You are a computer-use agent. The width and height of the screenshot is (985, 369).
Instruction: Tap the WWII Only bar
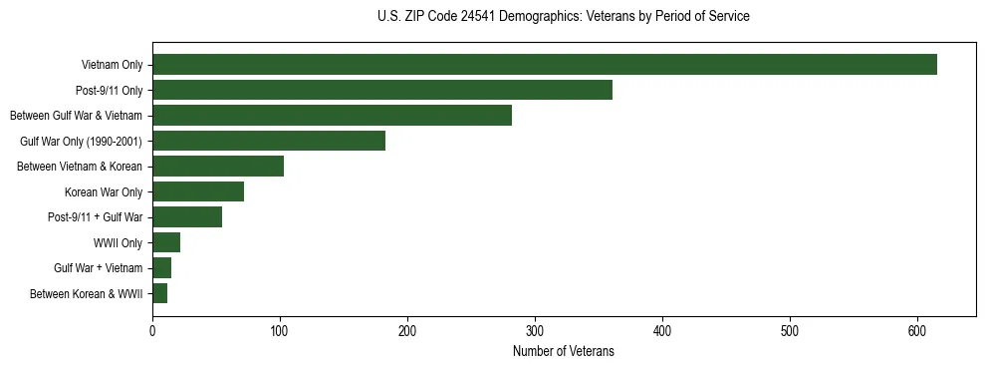pos(166,242)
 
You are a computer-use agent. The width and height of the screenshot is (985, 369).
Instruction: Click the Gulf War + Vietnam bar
pos(161,267)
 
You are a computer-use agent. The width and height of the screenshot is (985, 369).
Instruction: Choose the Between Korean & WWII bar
pos(159,293)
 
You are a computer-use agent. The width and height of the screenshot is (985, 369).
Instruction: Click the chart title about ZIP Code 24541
pos(564,17)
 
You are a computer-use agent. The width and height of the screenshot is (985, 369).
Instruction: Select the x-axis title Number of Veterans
pos(563,352)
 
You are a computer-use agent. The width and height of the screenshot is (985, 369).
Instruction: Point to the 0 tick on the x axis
pos(152,332)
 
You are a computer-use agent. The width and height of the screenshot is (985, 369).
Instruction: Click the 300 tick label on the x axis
pos(535,332)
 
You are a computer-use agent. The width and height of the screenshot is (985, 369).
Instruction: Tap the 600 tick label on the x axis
pos(917,332)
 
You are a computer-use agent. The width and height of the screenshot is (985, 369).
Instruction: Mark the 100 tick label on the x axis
pos(280,332)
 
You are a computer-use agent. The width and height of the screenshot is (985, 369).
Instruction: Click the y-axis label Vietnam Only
pos(112,66)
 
